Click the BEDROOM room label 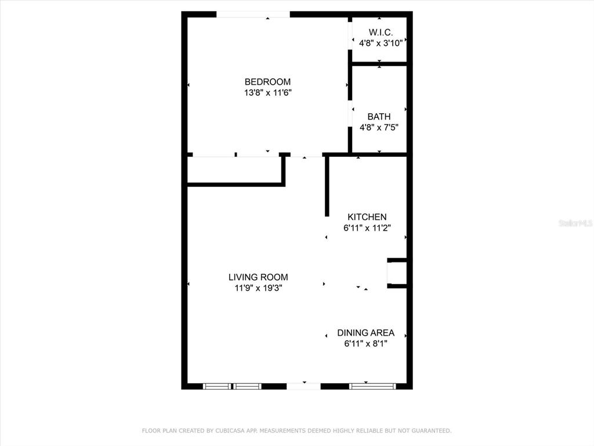click(x=267, y=81)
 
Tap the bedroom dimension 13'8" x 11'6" click(x=267, y=92)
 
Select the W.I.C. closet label click(x=381, y=33)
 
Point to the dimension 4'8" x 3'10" click(x=381, y=43)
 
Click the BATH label click(x=379, y=116)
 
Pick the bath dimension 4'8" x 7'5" click(x=379, y=127)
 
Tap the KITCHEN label click(x=367, y=217)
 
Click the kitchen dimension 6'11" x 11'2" click(x=367, y=228)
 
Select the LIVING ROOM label click(x=258, y=277)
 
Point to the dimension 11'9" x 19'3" click(x=258, y=288)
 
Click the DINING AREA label click(x=365, y=333)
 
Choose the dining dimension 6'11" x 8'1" click(x=365, y=344)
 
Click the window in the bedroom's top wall click(x=253, y=15)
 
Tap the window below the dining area click(x=372, y=386)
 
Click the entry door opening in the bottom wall click(x=303, y=386)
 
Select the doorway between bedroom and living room click(x=306, y=154)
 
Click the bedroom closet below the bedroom click(x=235, y=170)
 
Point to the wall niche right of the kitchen click(x=397, y=273)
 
